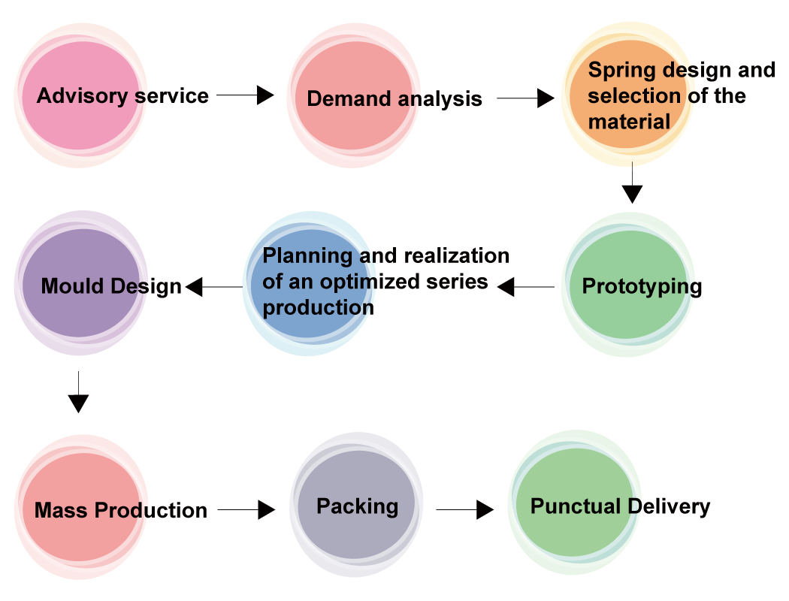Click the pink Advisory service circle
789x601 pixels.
click(x=80, y=95)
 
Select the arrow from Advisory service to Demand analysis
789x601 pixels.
click(x=246, y=95)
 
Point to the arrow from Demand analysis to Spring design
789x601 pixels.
click(x=526, y=98)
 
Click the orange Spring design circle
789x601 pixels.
click(x=628, y=94)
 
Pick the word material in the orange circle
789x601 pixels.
click(x=629, y=122)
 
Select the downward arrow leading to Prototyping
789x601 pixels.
click(x=632, y=183)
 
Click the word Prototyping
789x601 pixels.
click(x=642, y=287)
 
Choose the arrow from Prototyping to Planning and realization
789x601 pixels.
click(x=526, y=287)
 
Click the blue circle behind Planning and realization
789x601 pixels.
click(x=309, y=284)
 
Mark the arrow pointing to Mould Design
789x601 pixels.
click(x=214, y=287)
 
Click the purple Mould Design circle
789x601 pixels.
click(x=80, y=283)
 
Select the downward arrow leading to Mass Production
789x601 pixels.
click(x=78, y=392)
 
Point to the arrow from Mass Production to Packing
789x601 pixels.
click(x=246, y=509)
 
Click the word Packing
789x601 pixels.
click(x=357, y=506)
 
